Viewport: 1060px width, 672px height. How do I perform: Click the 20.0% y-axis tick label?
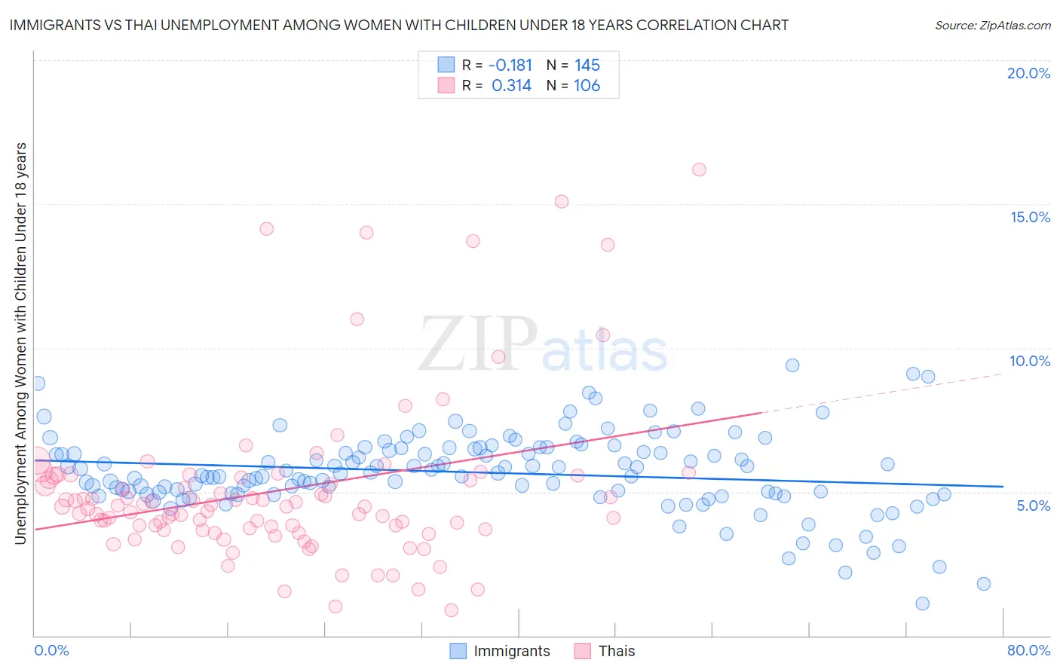[1028, 73]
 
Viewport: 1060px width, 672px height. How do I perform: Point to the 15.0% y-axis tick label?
[1030, 217]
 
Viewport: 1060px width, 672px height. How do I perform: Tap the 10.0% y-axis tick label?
[1030, 361]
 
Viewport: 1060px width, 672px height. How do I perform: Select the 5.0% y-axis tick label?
[1033, 506]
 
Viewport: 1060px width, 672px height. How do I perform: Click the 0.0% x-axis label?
[51, 650]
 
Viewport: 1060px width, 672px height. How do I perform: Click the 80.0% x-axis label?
[1028, 650]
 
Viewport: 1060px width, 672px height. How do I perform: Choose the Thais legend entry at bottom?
[605, 651]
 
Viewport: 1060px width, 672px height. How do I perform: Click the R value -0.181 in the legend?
[510, 65]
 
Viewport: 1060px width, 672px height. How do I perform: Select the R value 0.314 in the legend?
[511, 85]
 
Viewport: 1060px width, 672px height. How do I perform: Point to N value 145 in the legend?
[587, 65]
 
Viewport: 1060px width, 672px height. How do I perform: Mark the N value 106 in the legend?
[587, 85]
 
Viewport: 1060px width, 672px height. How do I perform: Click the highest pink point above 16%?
[699, 170]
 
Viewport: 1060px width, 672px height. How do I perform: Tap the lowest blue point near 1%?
[922, 603]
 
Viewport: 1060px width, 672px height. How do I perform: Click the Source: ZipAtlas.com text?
[992, 25]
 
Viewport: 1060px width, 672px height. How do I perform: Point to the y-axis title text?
[20, 343]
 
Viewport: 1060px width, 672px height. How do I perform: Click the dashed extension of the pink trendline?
[882, 393]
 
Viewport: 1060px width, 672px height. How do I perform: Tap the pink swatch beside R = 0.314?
[446, 85]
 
